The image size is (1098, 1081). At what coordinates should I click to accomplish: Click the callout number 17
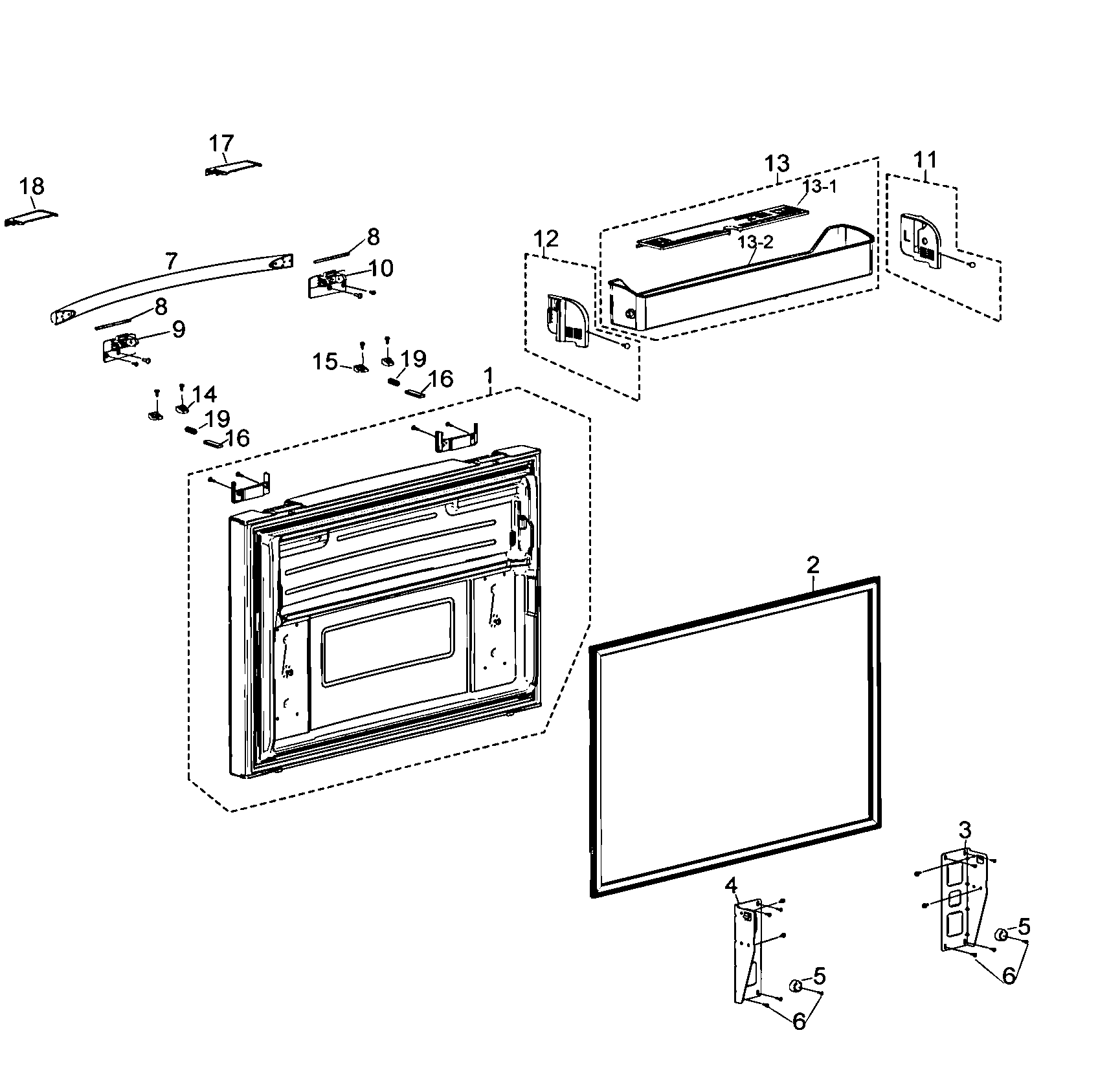point(221,143)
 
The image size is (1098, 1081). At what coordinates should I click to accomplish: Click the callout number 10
point(381,268)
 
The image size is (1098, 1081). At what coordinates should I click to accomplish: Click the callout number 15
point(326,362)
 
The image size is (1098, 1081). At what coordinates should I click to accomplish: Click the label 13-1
point(820,187)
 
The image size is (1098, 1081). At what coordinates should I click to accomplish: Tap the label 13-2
point(755,242)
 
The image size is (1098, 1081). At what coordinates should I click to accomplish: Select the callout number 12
point(546,239)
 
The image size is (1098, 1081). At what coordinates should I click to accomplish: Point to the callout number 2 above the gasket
point(813,565)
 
